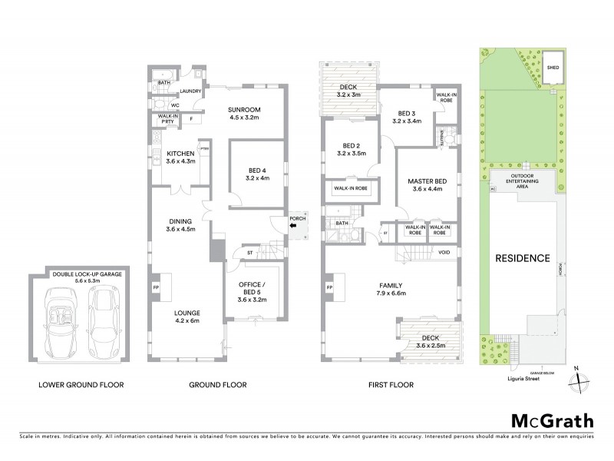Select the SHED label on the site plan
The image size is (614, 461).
[552, 67]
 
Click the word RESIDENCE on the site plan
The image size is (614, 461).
[523, 258]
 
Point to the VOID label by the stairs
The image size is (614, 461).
[444, 253]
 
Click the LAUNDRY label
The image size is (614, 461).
[190, 91]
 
